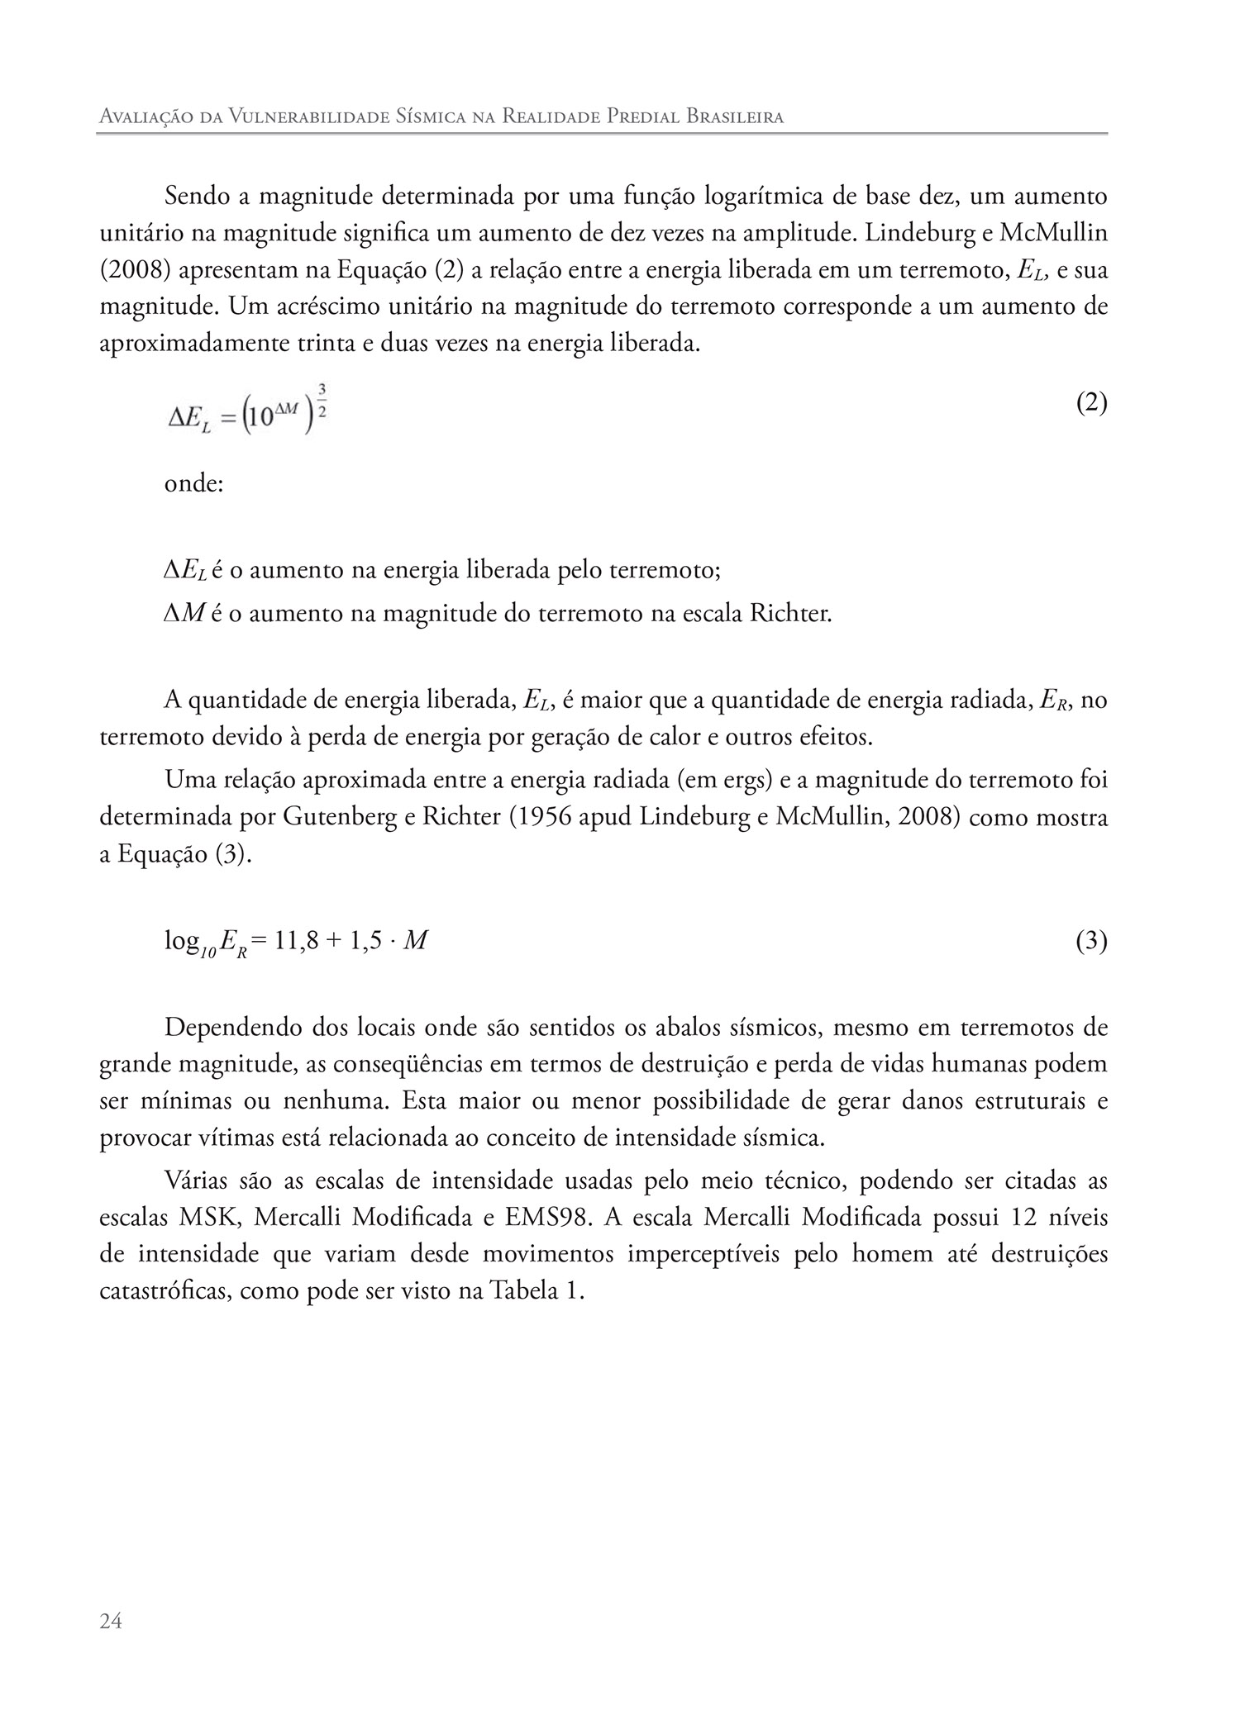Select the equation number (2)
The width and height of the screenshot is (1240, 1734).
pyautogui.click(x=1091, y=403)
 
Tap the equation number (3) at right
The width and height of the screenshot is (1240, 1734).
pyautogui.click(x=1091, y=941)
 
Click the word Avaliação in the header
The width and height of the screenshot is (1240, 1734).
pyautogui.click(x=142, y=117)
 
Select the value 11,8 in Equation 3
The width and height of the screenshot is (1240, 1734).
pyautogui.click(x=292, y=941)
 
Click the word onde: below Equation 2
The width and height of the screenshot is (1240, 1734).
pyautogui.click(x=194, y=483)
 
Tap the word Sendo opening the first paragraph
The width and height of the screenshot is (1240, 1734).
pyautogui.click(x=196, y=197)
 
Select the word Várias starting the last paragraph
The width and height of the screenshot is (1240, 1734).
pyautogui.click(x=195, y=1181)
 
